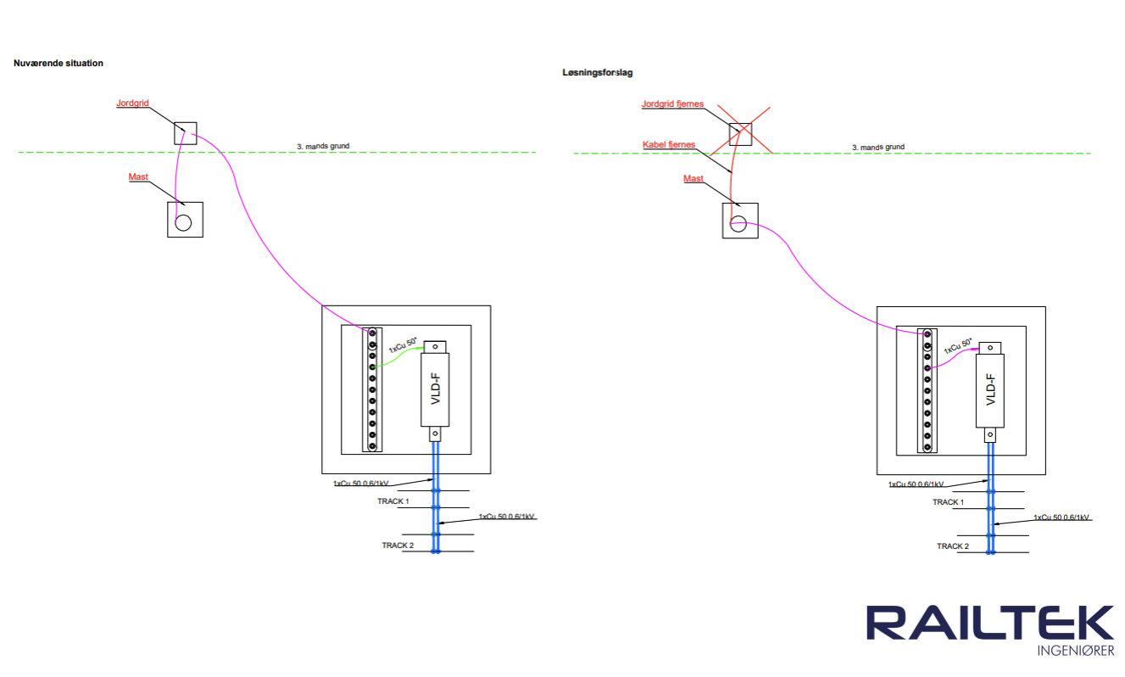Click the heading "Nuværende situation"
58,64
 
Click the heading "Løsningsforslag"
597,73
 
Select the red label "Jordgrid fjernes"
672,104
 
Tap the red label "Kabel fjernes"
669,145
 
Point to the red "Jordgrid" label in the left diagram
132,104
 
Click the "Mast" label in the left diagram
138,177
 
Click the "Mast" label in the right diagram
693,179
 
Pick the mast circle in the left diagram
183,223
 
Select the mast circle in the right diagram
738,224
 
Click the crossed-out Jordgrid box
740,133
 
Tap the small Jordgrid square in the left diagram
186,133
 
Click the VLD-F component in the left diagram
435,389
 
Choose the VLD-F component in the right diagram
990,391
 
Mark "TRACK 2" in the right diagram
953,546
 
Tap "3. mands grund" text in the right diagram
877,147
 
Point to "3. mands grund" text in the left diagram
323,147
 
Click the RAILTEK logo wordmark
989,624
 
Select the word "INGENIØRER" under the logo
1075,651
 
